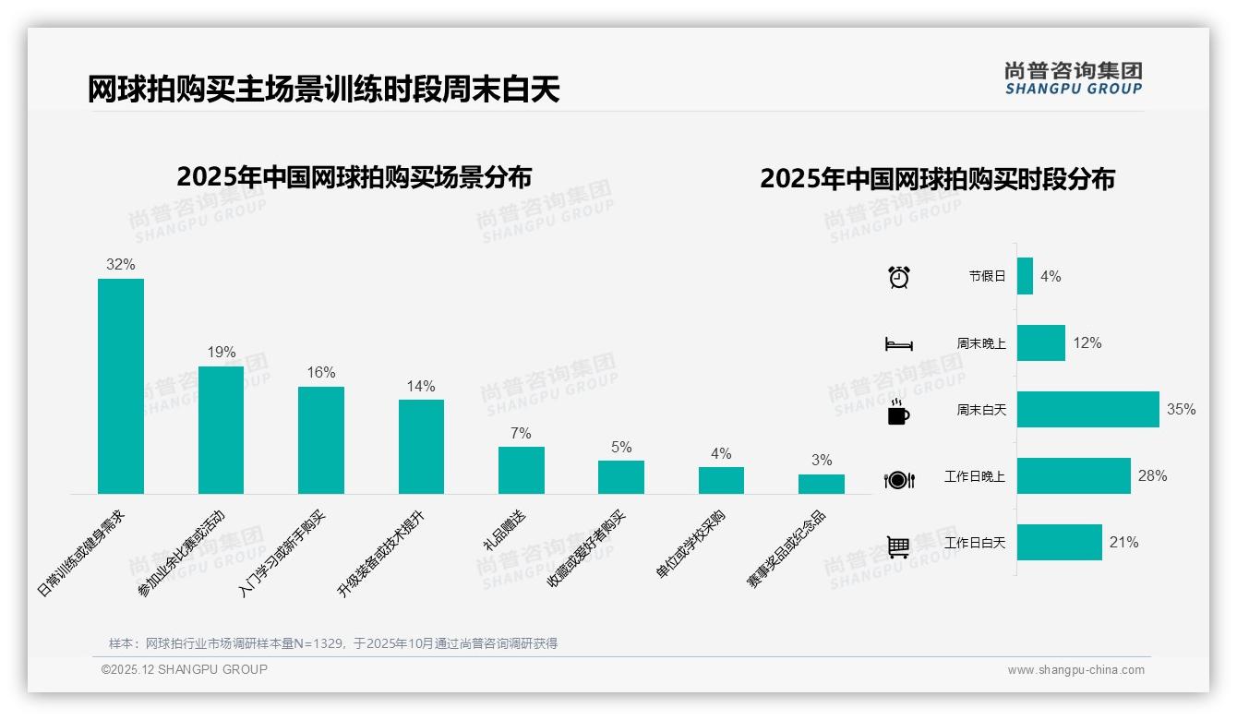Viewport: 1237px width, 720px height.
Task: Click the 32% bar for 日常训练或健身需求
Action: click(x=121, y=386)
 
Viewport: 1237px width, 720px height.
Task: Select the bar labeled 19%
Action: click(x=221, y=430)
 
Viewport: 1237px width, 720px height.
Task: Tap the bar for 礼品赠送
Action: click(x=522, y=470)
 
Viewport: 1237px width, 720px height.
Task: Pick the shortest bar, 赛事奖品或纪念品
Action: click(x=821, y=484)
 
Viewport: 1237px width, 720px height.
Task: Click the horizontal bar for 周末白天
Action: click(x=1087, y=410)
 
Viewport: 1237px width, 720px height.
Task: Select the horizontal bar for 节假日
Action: click(x=1025, y=276)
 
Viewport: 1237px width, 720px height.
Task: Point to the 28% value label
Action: click(x=1152, y=476)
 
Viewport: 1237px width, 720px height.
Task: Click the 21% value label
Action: click(x=1123, y=543)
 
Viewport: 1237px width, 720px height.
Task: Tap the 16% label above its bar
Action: click(x=321, y=373)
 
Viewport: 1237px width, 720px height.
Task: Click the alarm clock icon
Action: click(x=898, y=277)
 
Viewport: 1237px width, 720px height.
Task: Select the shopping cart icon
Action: click(x=898, y=546)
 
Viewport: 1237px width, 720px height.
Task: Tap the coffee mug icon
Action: click(x=898, y=413)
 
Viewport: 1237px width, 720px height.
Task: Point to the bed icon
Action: click(x=898, y=344)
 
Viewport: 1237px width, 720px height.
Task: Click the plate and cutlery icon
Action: click(x=898, y=480)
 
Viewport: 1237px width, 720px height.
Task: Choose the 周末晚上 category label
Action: click(x=980, y=343)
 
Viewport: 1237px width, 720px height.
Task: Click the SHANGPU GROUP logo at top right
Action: click(x=1073, y=78)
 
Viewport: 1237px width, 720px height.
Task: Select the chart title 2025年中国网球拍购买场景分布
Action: click(x=354, y=177)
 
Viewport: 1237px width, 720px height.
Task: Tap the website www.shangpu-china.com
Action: click(x=1075, y=670)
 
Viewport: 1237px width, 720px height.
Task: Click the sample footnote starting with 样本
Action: click(x=332, y=643)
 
